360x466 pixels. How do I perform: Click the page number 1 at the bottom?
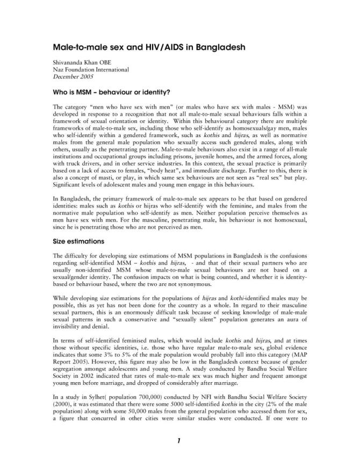click(x=179, y=441)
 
